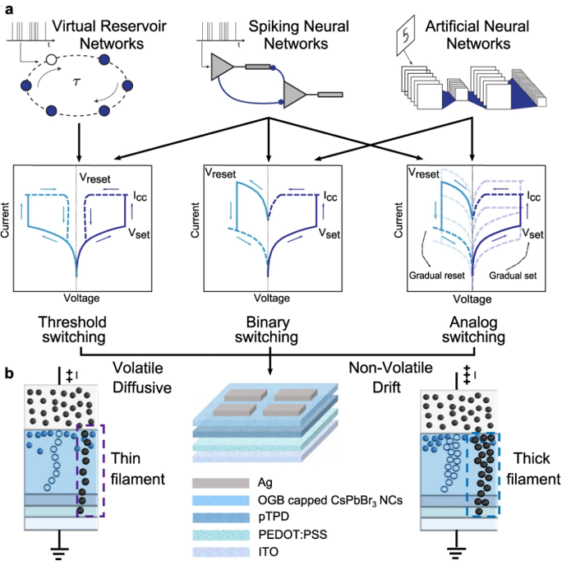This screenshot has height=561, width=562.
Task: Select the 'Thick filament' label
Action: coord(527,466)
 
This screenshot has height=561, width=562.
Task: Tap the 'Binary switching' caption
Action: coord(270,330)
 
